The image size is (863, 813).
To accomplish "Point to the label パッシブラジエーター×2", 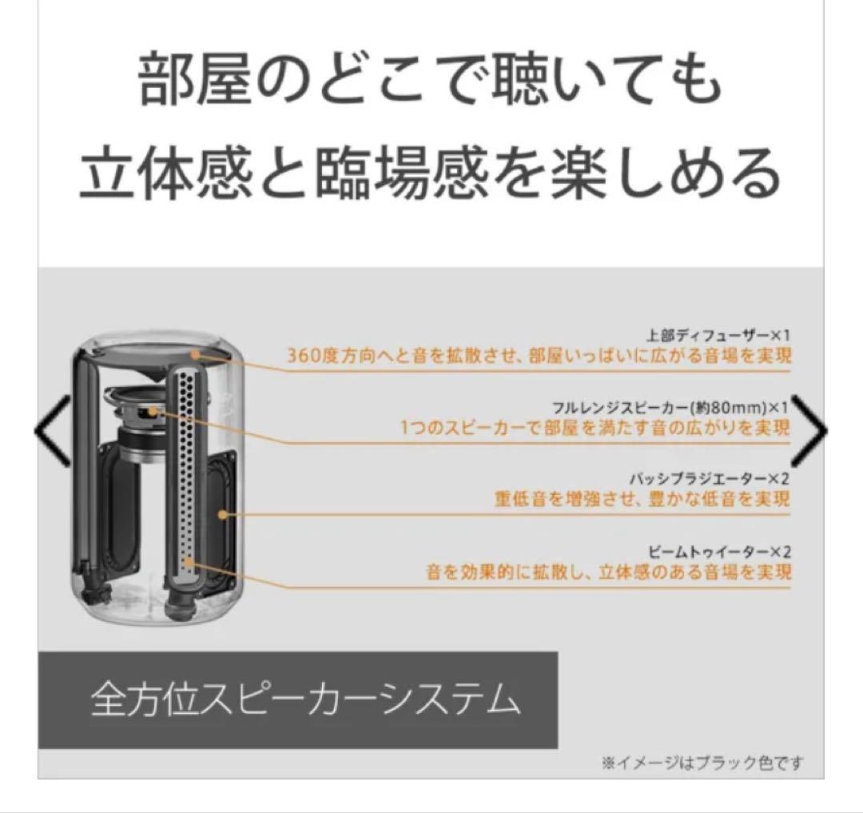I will [x=710, y=479].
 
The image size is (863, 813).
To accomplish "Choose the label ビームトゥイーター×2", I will [x=718, y=552].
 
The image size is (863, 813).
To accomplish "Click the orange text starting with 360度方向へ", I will [x=539, y=356].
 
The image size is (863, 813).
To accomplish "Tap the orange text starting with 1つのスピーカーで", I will [x=595, y=427].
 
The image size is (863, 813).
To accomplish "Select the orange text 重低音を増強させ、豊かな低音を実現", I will [x=642, y=499].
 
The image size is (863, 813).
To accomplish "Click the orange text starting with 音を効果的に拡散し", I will [x=608, y=572].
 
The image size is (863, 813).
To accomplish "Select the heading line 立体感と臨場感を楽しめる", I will [x=431, y=173].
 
